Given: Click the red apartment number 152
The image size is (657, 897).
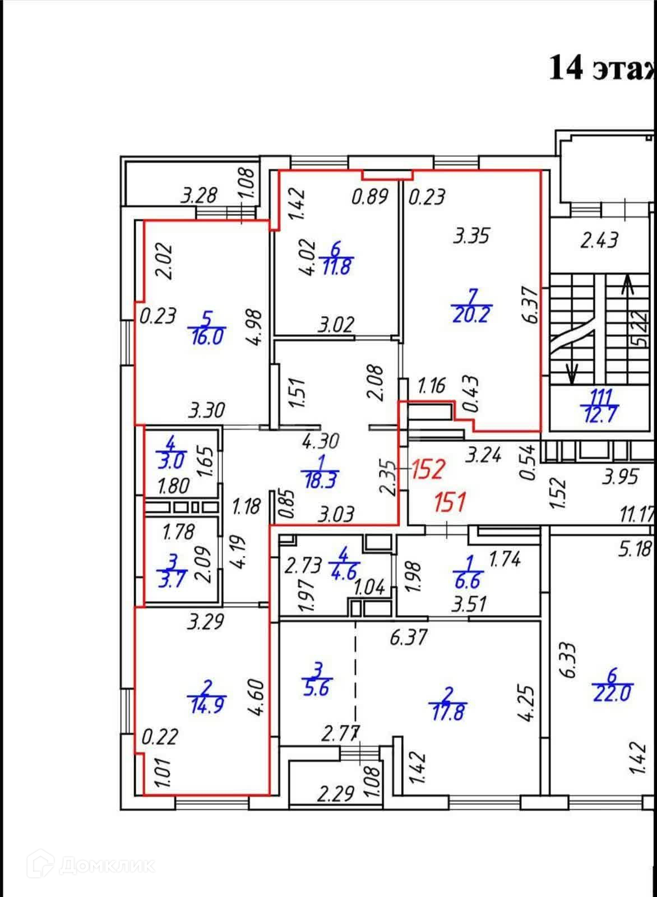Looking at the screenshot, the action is tap(429, 469).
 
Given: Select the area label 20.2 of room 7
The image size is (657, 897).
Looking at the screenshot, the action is tap(470, 314).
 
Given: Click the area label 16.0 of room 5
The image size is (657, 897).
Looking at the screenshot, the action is tap(207, 337).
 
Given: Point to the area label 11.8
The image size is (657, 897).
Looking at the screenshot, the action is tap(336, 265).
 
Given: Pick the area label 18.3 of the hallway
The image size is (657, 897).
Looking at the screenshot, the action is tap(320, 480).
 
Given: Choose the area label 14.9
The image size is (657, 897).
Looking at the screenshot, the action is tap(207, 705).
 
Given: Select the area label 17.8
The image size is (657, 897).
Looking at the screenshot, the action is tap(448, 713).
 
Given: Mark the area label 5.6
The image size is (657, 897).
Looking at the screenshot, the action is tap(317, 688).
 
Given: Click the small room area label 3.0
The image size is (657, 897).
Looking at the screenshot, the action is tap(171, 460).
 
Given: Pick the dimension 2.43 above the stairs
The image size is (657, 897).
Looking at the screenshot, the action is tap(599, 241).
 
